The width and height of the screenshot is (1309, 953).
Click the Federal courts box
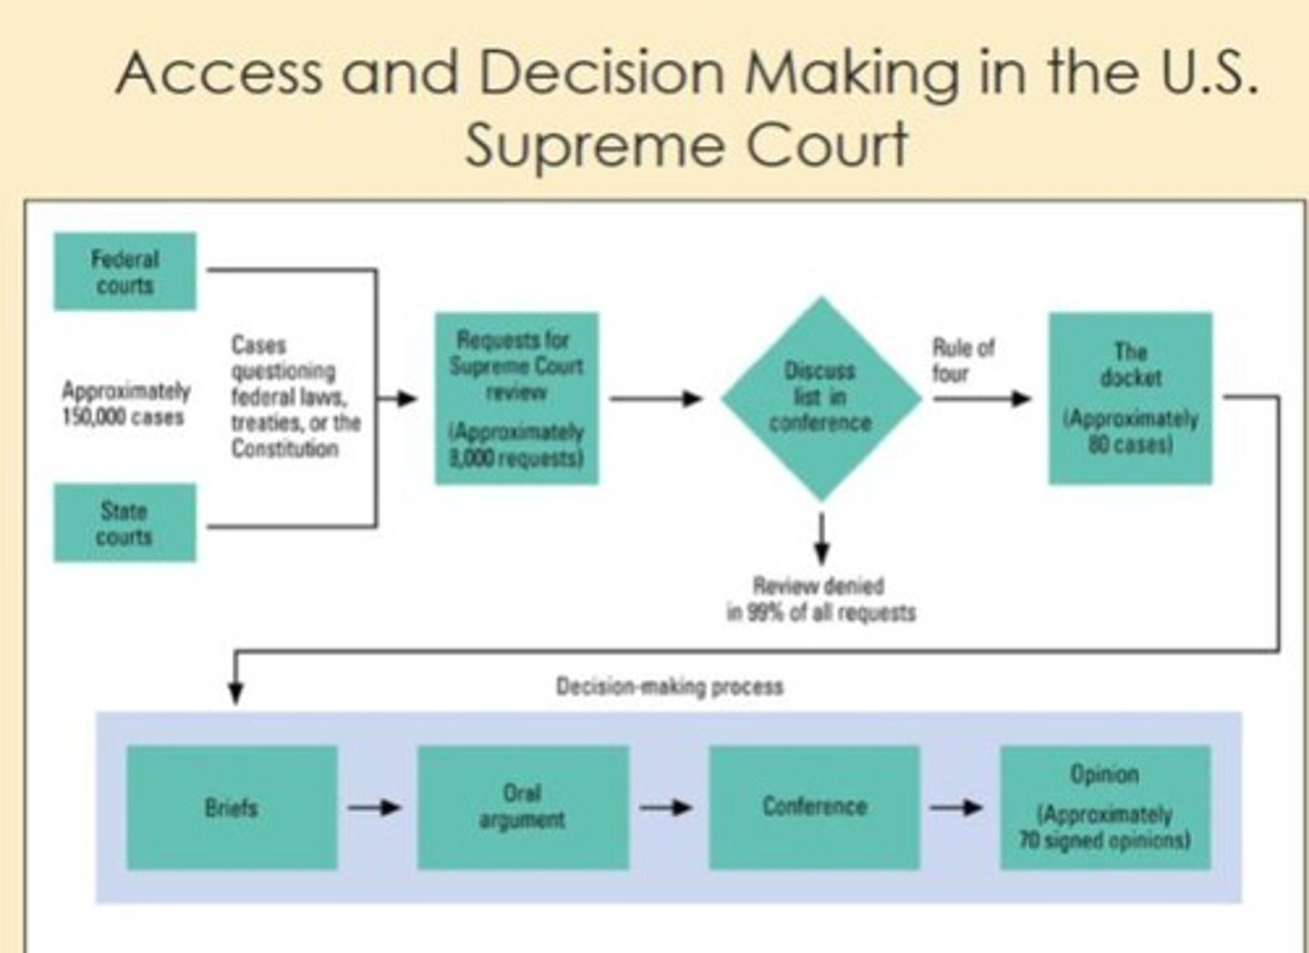tap(125, 272)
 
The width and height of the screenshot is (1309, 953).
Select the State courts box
tap(125, 523)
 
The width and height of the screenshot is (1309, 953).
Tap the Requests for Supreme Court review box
tap(516, 398)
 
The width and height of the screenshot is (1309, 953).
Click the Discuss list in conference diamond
tap(821, 397)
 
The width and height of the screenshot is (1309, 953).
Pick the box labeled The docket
tap(1130, 398)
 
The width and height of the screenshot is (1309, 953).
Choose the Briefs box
tap(232, 808)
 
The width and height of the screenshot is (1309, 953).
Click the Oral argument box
tap(523, 808)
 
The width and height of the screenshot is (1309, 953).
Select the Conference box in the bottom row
tap(814, 808)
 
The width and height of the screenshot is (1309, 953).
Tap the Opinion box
tap(1104, 808)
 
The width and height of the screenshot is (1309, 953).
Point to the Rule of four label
tap(964, 360)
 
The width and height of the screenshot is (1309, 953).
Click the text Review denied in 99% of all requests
tap(820, 599)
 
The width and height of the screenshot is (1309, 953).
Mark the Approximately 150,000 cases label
tap(125, 404)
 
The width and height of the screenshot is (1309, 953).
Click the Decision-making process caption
tap(669, 687)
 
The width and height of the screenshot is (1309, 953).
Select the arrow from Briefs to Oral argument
tap(375, 808)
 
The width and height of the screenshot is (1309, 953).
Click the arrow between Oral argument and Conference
tap(666, 808)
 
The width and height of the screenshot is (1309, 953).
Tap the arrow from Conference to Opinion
tap(956, 808)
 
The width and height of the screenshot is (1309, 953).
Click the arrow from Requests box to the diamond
tap(655, 398)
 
